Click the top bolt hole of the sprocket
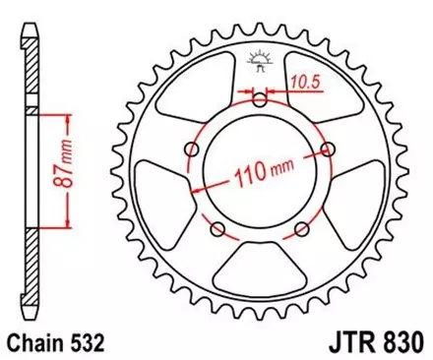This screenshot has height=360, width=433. pos(260,100)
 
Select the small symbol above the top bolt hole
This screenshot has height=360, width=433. pos(260,61)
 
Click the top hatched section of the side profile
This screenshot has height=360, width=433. pos(32,78)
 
